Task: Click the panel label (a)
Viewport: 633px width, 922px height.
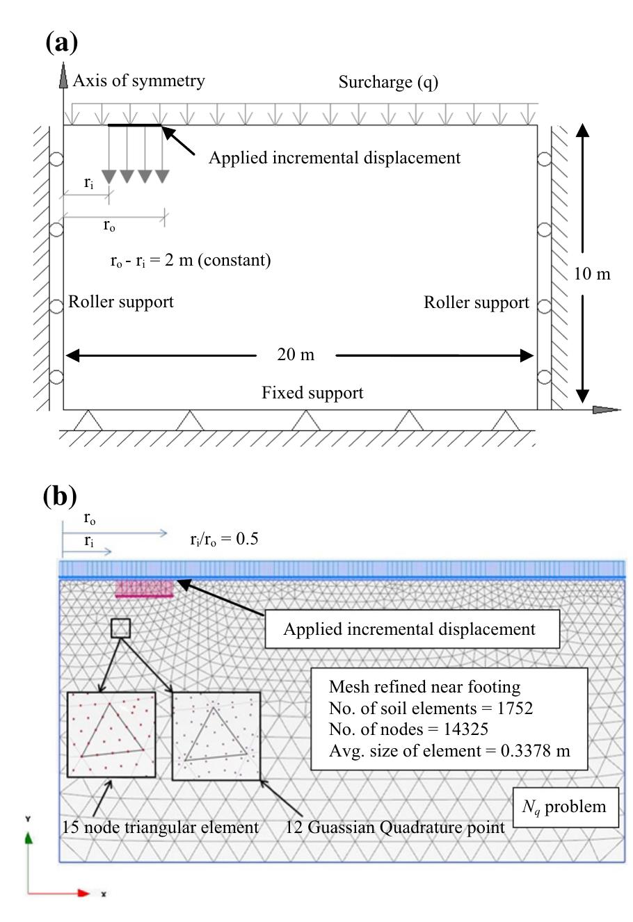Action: click(61, 42)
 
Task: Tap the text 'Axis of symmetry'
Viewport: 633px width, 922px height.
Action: click(138, 81)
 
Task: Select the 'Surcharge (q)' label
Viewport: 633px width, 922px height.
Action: click(388, 82)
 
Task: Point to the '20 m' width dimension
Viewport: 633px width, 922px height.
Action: click(296, 355)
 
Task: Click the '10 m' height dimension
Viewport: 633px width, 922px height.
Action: click(591, 273)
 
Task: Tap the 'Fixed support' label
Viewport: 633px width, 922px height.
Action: click(312, 393)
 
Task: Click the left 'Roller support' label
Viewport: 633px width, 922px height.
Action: click(120, 302)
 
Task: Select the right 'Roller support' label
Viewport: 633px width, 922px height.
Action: click(476, 302)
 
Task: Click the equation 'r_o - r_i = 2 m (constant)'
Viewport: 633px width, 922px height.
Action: click(186, 260)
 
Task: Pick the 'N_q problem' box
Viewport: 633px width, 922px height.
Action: click(564, 807)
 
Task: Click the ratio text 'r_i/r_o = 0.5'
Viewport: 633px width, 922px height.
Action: click(223, 537)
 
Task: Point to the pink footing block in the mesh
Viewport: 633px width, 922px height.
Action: click(145, 589)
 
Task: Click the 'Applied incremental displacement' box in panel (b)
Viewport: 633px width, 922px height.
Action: click(409, 629)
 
